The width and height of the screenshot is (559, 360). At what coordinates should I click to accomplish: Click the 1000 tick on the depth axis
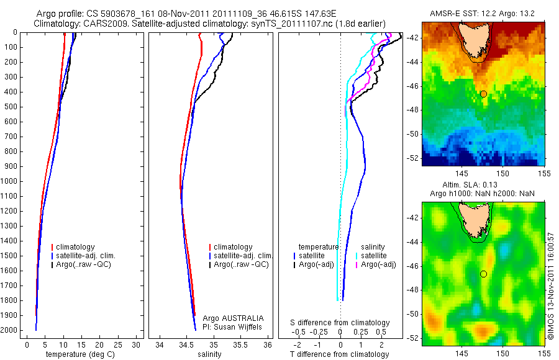[10, 181]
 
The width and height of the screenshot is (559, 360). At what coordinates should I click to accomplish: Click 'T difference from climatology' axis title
[339, 354]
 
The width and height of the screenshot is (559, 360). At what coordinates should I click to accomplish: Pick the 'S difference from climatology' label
[340, 323]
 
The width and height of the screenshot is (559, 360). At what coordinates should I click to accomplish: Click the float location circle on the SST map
[483, 94]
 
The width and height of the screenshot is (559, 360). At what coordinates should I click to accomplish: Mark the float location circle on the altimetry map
[483, 274]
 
